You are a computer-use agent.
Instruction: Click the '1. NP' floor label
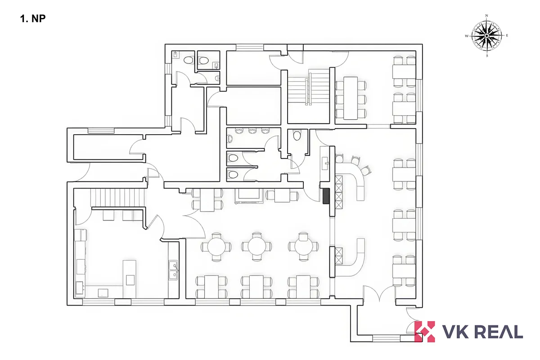tap(33, 19)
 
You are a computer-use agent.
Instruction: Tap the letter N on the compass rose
tap(486, 16)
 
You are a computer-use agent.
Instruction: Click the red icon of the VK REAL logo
tap(424, 331)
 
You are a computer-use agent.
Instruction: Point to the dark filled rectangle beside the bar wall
tap(326, 196)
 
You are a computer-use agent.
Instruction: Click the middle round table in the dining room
tap(256, 247)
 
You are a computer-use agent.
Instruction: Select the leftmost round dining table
tap(216, 247)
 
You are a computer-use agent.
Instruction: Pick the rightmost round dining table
tap(303, 247)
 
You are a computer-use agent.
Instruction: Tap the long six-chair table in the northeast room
tap(351, 98)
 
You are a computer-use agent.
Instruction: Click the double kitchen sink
tap(173, 270)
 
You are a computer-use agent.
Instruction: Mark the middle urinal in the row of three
tap(252, 130)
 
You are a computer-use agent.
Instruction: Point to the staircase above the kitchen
tap(117, 198)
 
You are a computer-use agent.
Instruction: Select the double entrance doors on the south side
tap(379, 293)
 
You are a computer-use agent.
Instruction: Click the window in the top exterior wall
tap(249, 47)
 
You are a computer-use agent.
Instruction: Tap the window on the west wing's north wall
tap(101, 131)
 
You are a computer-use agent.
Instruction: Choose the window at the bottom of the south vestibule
tap(387, 338)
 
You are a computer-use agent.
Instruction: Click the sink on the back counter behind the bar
tap(325, 163)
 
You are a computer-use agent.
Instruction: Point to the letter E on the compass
tap(507, 36)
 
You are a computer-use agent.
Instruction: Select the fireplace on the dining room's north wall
tap(249, 196)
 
